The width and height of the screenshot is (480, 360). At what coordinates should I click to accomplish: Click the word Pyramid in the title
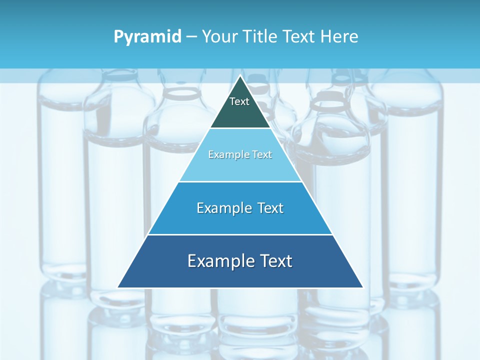[147, 37]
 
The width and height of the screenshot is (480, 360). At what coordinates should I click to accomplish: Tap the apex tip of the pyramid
[240, 76]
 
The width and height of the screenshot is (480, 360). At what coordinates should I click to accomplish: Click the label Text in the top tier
[239, 101]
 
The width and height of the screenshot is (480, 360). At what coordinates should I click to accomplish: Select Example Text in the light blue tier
[240, 154]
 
